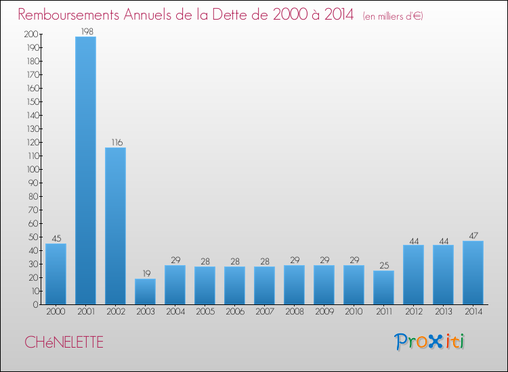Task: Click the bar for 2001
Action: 85,170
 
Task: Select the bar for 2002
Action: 115,226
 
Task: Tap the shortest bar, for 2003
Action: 145,292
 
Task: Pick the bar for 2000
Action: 56,274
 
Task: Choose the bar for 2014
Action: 473,273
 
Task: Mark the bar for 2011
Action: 383,287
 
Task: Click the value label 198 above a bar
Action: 85,31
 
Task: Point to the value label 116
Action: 115,142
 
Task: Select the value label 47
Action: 473,235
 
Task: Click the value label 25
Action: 383,265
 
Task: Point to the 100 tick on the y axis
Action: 31,169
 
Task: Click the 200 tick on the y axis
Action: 31,34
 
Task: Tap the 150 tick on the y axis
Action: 31,101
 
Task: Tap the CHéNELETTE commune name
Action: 64,342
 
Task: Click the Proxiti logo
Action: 429,342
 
